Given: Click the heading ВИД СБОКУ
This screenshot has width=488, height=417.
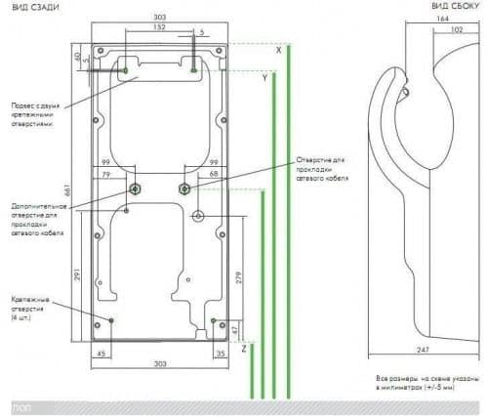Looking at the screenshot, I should (456, 7).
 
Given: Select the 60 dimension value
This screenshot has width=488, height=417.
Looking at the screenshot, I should (78, 57).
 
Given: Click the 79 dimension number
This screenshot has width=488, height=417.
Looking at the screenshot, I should (107, 174).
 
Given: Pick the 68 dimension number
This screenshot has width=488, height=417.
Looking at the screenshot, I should (213, 174).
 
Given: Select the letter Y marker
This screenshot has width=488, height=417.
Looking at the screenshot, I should (264, 77).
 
